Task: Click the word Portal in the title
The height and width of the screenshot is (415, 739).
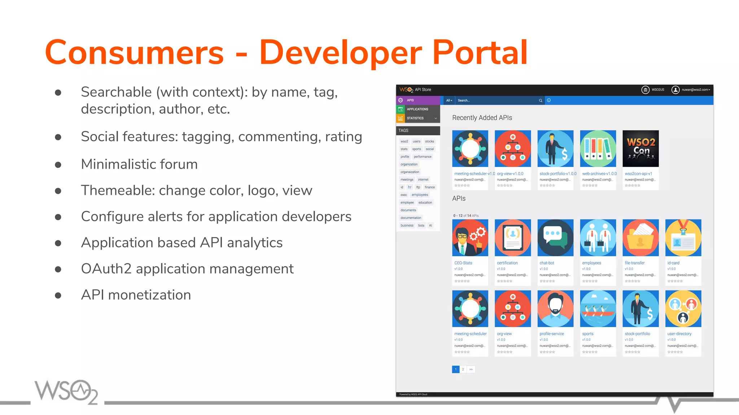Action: [480, 53]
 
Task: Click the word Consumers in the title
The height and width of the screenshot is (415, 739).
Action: [134, 53]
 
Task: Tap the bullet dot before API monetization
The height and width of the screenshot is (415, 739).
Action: [58, 296]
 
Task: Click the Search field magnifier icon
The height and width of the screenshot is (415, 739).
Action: [541, 101]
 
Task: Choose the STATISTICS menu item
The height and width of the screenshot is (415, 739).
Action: [415, 118]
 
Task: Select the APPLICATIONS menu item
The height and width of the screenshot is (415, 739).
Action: [417, 109]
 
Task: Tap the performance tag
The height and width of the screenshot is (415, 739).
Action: [423, 157]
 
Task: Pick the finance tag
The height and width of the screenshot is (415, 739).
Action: [430, 187]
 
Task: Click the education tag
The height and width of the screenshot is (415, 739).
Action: [425, 202]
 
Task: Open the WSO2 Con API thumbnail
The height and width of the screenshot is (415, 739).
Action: [640, 148]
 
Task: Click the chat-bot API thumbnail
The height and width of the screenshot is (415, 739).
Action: [555, 238]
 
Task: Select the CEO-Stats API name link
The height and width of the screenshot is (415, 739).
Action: [463, 263]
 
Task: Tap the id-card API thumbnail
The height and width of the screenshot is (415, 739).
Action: [683, 238]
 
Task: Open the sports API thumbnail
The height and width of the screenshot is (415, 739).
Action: [598, 309]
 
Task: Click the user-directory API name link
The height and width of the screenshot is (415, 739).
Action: [679, 334]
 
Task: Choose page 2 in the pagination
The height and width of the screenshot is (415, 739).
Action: [463, 369]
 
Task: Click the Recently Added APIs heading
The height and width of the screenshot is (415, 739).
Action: [482, 118]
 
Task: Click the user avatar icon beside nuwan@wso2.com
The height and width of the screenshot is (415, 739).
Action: [675, 90]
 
